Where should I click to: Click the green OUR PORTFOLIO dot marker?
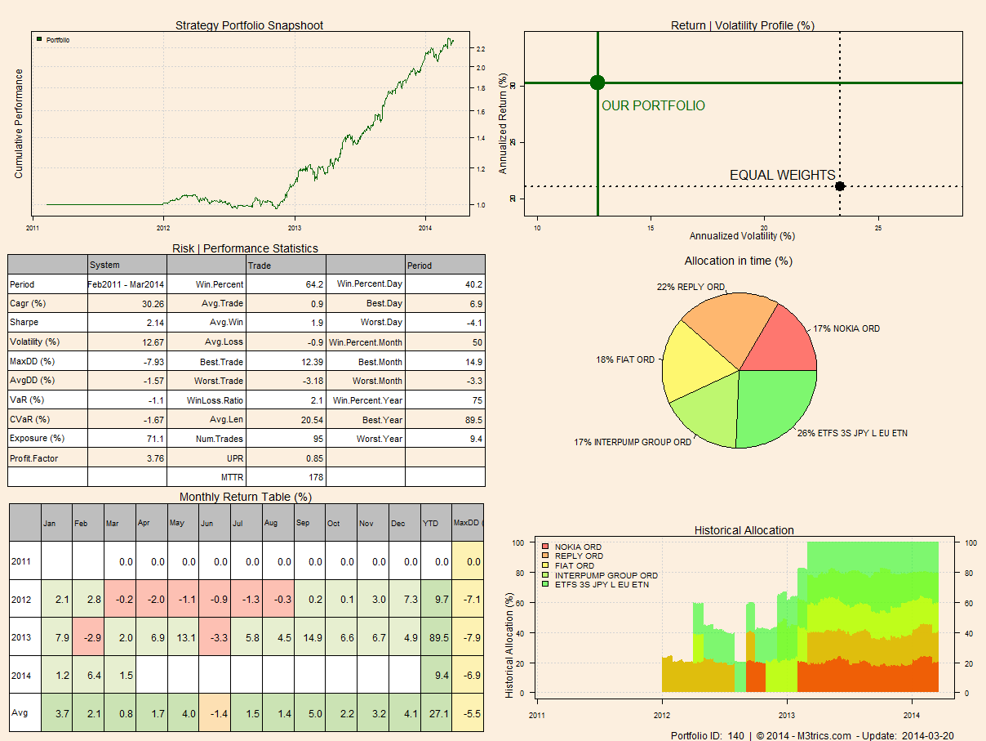597,82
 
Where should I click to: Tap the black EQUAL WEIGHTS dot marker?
840,186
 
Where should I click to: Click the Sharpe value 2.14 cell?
127,323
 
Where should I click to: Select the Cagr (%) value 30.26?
127,304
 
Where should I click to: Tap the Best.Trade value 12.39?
286,361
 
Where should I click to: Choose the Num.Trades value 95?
286,439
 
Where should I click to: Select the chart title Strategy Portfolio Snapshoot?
249,25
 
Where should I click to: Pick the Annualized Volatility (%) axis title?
742,235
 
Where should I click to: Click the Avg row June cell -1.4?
215,713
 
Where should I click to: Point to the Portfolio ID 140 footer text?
707,735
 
